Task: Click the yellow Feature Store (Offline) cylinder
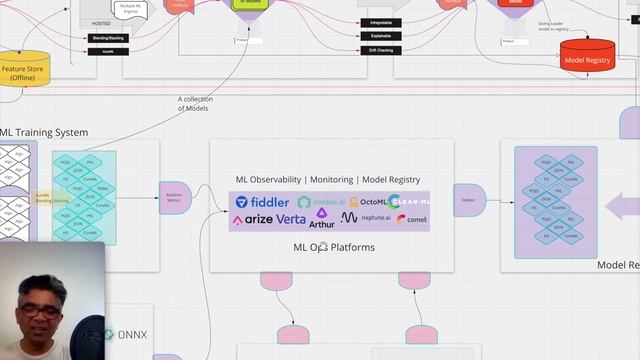tap(23, 70)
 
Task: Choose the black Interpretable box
tap(380, 22)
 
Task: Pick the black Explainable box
tap(380, 35)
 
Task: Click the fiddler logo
tap(262, 202)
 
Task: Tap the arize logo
tap(252, 219)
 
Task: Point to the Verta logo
tap(291, 219)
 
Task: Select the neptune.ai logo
tap(363, 217)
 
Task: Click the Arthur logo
tap(322, 218)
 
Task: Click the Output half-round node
tap(468, 199)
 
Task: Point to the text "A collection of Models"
tap(196, 103)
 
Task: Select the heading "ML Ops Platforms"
tap(333, 246)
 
